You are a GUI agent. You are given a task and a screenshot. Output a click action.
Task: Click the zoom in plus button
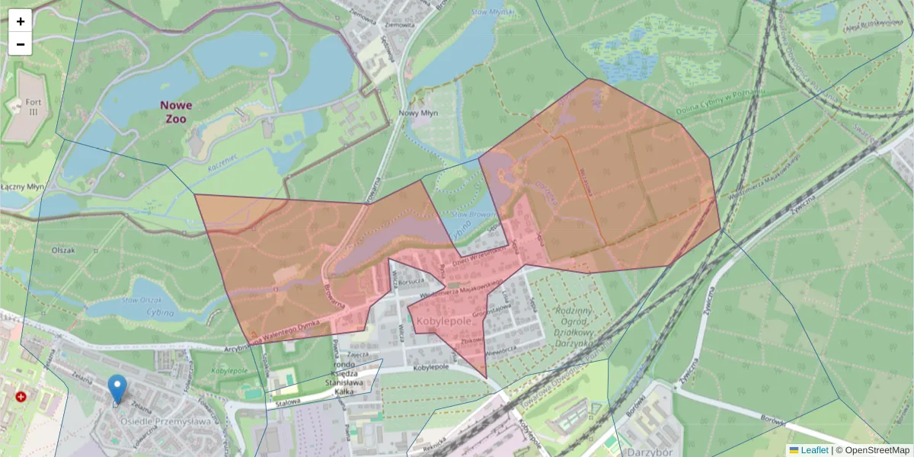click(21, 21)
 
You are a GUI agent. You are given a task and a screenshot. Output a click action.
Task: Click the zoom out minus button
click(21, 44)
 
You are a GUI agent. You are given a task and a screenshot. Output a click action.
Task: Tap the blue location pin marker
click(117, 389)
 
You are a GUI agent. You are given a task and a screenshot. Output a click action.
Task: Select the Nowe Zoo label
click(176, 112)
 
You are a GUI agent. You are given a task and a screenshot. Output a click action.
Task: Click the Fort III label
click(32, 106)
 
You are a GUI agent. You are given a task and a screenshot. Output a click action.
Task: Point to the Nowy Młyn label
click(419, 113)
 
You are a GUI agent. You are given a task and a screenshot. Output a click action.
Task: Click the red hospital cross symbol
click(21, 397)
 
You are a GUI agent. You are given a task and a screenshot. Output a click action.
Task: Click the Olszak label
click(62, 250)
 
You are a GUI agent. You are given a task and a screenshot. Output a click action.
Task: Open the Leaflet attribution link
click(814, 450)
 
